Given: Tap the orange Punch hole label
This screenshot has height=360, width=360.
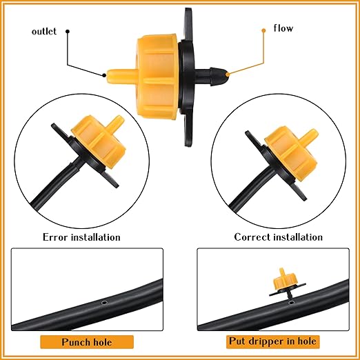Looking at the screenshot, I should pyautogui.click(x=87, y=341).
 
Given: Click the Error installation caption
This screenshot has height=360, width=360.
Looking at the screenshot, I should pyautogui.click(x=81, y=237).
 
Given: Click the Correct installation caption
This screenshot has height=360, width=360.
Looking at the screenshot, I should pyautogui.click(x=278, y=237).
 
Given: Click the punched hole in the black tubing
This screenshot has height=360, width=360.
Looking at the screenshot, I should pyautogui.click(x=103, y=302).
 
